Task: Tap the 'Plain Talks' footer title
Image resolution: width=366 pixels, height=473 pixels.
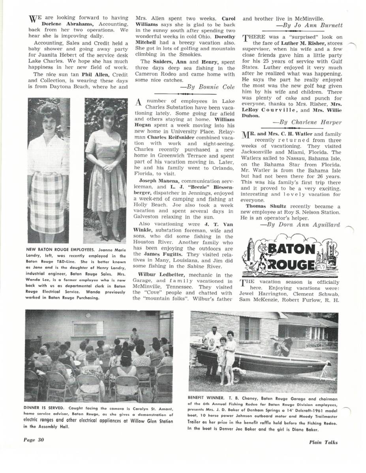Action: tap(323, 442)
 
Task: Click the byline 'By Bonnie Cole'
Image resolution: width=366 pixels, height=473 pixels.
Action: tap(199, 88)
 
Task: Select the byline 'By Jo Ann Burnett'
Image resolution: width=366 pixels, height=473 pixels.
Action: tap(316, 25)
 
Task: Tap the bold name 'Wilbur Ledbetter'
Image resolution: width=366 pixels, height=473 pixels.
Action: tap(157, 275)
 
